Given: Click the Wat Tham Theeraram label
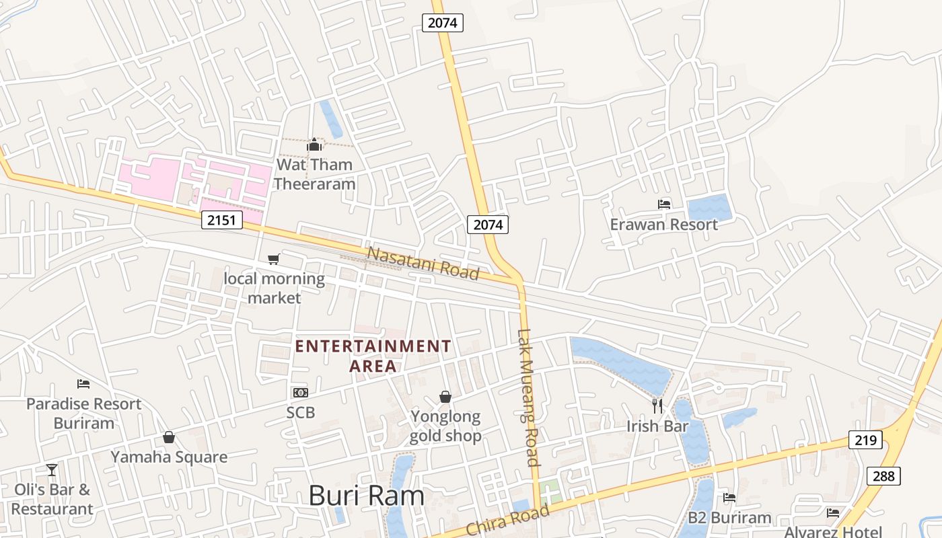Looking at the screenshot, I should coord(314,174).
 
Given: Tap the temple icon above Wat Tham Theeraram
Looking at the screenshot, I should coord(314,145).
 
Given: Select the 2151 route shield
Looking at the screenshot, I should coord(221,219).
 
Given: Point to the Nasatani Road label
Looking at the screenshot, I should coord(423,263).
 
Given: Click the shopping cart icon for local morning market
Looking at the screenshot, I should coord(273,259).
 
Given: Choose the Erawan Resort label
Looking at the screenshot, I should coord(664,225).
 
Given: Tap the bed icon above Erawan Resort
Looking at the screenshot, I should coord(664,204).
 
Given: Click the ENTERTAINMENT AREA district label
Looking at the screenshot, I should coord(373,356).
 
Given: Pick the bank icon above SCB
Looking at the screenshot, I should coord(300,392).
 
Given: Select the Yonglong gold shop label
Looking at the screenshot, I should coord(445,426).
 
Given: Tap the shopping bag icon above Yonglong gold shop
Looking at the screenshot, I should coord(445,397).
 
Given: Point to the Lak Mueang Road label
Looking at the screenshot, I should coord(529,397).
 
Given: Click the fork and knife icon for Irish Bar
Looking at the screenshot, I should coord(657,406).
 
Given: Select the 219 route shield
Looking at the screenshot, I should coord(865,440).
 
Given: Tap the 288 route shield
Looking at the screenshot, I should coord(883,475).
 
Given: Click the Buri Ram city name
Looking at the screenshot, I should coord(367,496).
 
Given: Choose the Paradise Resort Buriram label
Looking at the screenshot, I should coord(84,413).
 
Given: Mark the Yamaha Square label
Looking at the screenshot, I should coord(169,457).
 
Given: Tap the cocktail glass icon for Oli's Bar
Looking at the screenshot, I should coord(52,469).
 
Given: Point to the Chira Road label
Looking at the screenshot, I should coord(507,521).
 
